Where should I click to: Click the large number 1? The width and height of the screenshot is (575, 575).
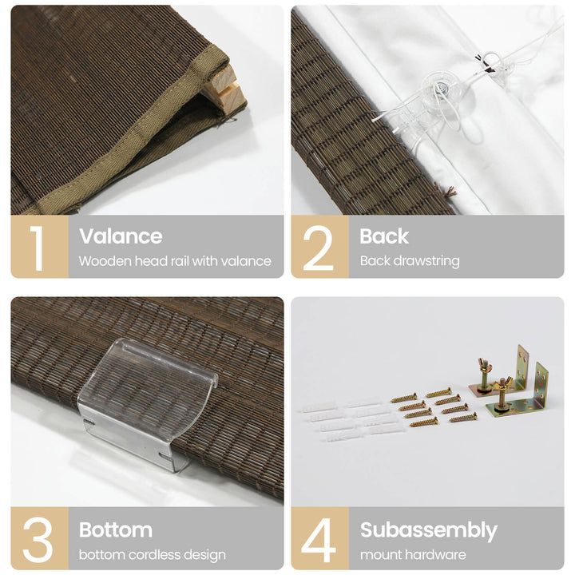pos(37,248)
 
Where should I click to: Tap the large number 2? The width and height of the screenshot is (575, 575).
pos(318,248)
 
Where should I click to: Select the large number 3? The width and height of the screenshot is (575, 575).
pos(38,540)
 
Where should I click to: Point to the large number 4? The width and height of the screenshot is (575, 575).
pos(319,540)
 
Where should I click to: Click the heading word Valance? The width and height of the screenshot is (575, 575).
pos(121,236)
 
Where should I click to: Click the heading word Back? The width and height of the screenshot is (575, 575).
pos(384,236)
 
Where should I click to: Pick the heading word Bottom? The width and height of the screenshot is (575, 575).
pos(116,530)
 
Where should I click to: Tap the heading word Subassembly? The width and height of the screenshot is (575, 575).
pos(429,530)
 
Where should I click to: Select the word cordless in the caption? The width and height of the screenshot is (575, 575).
pos(160,555)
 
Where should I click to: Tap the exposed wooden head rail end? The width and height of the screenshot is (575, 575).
pos(224,88)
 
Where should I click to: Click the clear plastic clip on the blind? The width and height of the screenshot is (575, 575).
pos(148,402)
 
